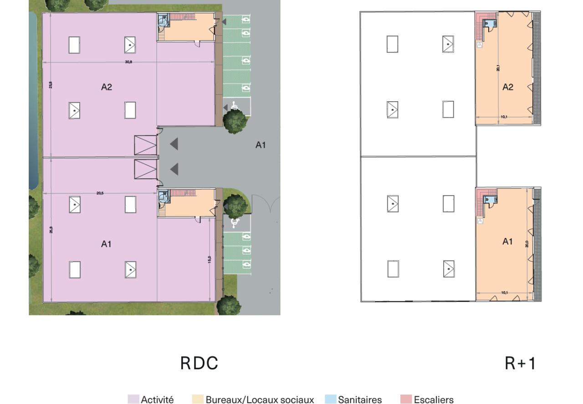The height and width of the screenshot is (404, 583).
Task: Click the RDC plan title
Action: [199, 363]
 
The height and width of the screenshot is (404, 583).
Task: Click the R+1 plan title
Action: [520, 363]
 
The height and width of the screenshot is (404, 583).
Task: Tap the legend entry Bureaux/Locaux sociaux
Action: [260, 399]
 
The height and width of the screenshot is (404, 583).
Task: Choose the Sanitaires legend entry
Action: [360, 399]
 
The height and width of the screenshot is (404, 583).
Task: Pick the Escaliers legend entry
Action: [434, 399]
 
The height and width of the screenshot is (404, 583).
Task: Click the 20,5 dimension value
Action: [100, 193]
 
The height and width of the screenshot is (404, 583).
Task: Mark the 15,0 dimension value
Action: [210, 259]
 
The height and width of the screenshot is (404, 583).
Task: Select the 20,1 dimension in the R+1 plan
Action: [498, 68]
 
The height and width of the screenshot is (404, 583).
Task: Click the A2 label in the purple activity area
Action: [106, 88]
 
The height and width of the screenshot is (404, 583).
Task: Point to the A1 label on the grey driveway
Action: [261, 145]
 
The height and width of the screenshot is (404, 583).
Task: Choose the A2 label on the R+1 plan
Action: [508, 88]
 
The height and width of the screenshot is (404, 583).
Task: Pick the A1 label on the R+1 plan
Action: [507, 242]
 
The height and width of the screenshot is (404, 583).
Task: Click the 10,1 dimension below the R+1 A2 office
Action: [504, 117]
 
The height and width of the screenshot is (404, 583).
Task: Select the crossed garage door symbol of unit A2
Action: [145, 144]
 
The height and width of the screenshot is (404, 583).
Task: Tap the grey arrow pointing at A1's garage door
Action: [174, 169]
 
